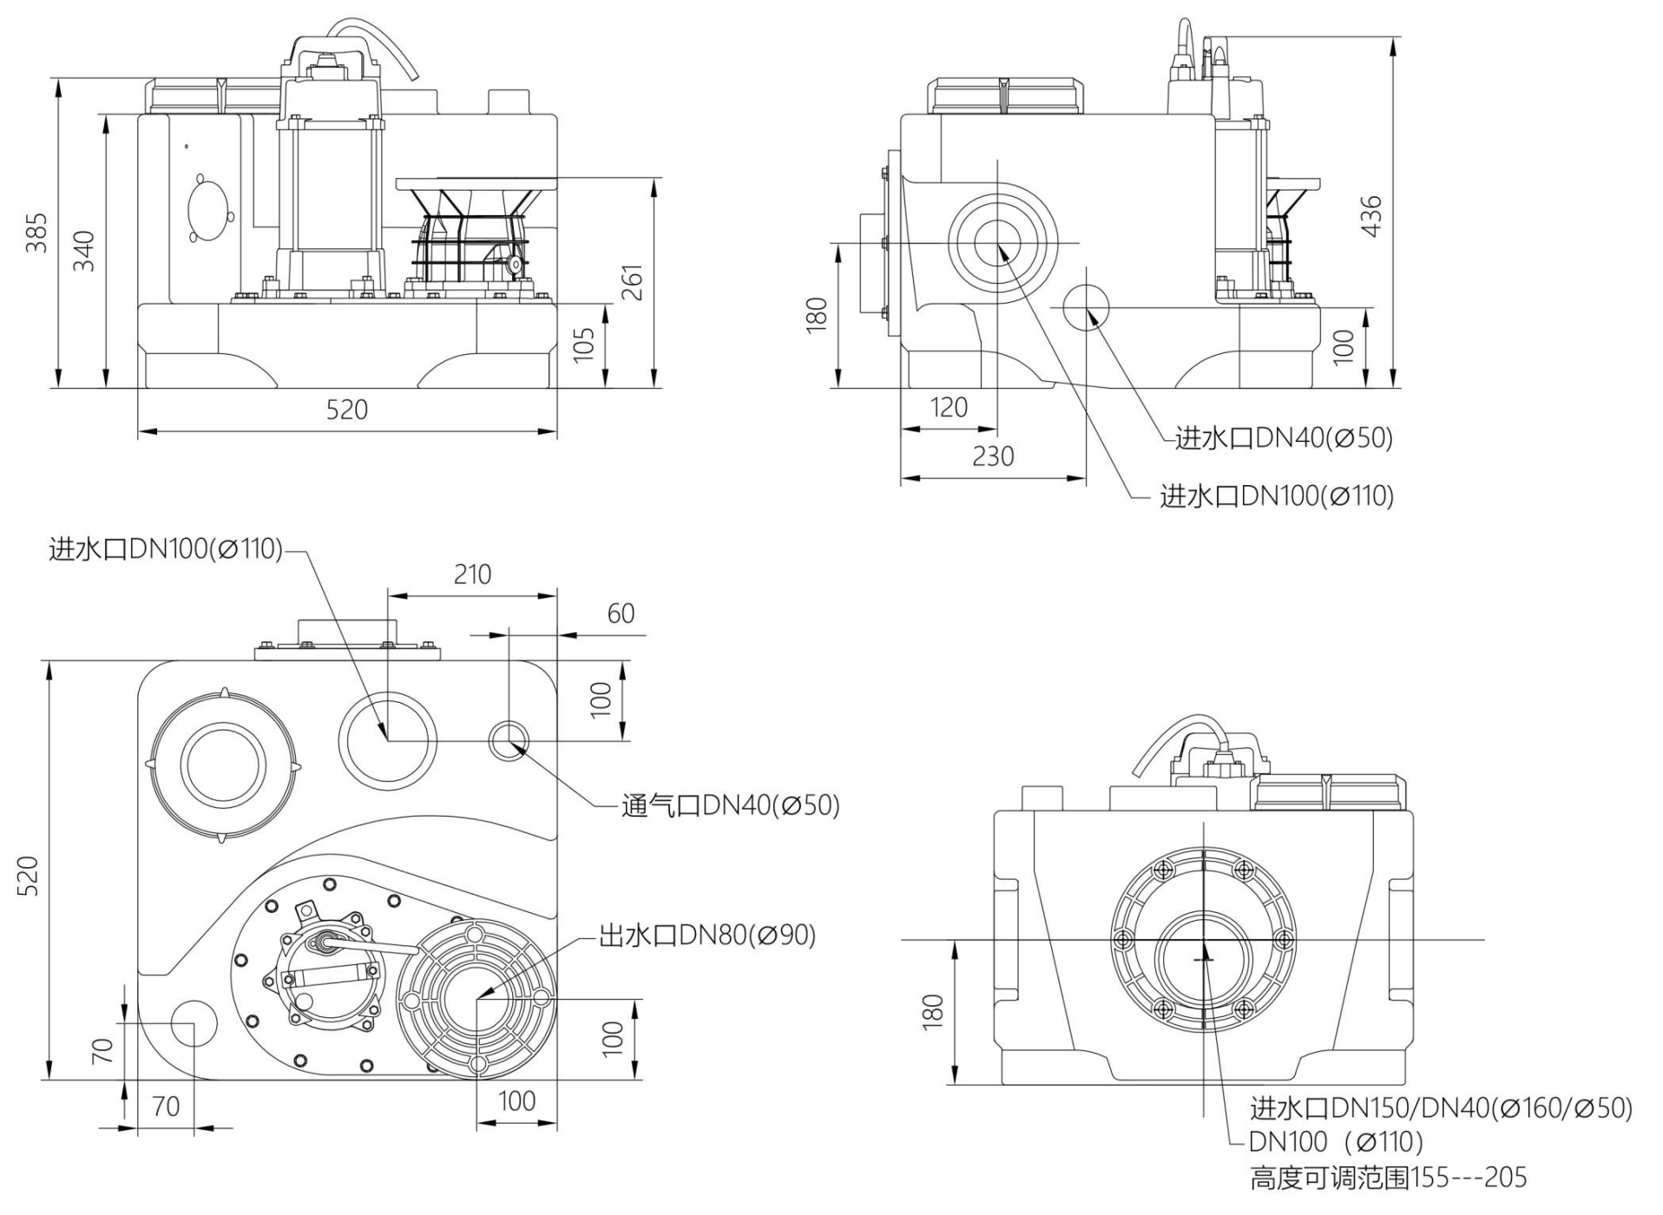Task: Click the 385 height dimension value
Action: tap(36, 233)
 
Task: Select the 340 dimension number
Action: tap(83, 251)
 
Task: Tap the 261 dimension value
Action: tap(633, 281)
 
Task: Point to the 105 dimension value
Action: tap(584, 344)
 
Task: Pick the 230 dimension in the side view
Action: tap(993, 456)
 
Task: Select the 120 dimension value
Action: tap(949, 407)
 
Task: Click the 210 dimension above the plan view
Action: tap(472, 574)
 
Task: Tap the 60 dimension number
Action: tap(621, 614)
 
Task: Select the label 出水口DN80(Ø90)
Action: tap(707, 935)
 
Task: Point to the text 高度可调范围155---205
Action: tap(1388, 1178)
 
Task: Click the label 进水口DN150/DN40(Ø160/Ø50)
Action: tap(1441, 1108)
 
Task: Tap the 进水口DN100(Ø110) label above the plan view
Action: tap(166, 548)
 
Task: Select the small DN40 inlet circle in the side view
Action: tap(1086, 307)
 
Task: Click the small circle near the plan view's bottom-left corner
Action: tap(193, 1023)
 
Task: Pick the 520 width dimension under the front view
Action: tap(346, 409)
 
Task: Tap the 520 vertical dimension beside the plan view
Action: tap(28, 875)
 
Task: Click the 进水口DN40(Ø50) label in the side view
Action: tap(1283, 438)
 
